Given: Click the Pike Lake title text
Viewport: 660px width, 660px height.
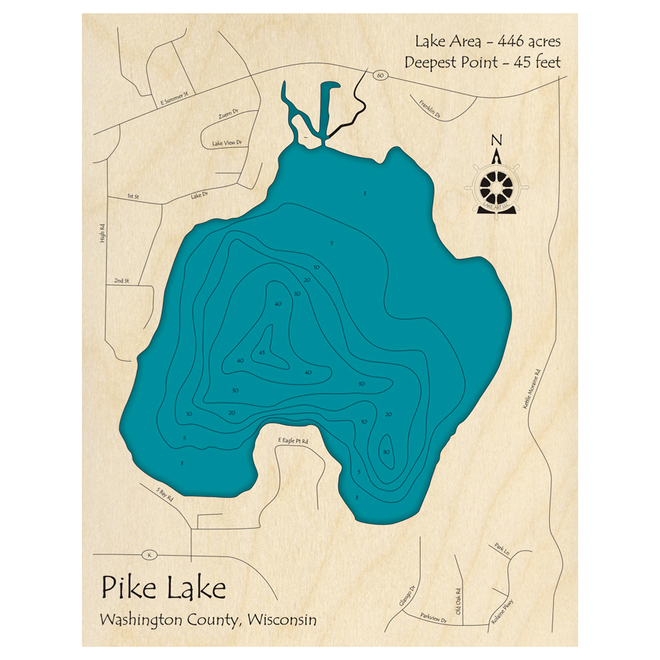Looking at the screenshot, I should [x=163, y=586].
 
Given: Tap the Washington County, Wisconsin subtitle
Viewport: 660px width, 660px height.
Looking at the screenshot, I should [x=208, y=620].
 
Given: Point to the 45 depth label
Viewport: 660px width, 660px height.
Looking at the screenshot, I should [x=262, y=352].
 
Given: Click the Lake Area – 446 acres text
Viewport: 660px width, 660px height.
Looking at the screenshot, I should [x=488, y=42].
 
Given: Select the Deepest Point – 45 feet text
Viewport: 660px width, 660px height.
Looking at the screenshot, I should [x=483, y=63].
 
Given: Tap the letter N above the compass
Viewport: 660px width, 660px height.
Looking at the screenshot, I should [x=497, y=140].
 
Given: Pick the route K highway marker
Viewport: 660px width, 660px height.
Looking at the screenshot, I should [x=150, y=555].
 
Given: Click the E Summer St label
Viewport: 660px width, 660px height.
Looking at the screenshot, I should [x=174, y=98].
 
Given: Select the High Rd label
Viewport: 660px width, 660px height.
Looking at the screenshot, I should [x=102, y=233].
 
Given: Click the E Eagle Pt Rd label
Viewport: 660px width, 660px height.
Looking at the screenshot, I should [x=292, y=440].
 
